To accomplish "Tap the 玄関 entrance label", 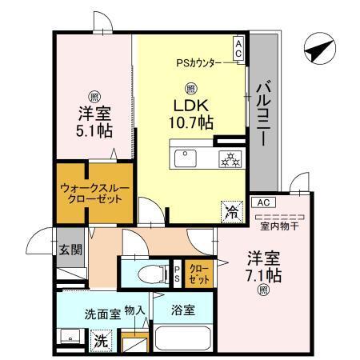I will tap(70, 249).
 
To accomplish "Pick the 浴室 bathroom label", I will tap(181, 309).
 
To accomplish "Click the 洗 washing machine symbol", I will tap(99, 339).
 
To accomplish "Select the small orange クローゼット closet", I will tap(198, 274).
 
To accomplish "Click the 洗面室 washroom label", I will tap(102, 314).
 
